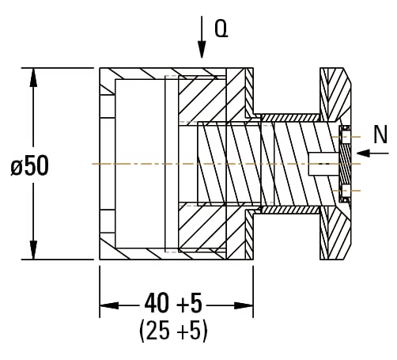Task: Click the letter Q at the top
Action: click(x=221, y=28)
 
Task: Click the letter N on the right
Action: click(x=380, y=135)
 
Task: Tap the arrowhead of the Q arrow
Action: click(x=202, y=49)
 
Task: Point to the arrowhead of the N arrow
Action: click(x=364, y=153)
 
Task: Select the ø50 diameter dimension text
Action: click(x=30, y=165)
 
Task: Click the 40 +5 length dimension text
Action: click(x=173, y=302)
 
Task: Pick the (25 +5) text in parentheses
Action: click(x=173, y=331)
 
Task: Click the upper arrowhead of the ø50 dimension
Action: click(x=33, y=78)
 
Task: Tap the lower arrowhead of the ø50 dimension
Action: click(x=33, y=250)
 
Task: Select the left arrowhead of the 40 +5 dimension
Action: click(x=109, y=305)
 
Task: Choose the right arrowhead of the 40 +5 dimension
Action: click(x=244, y=305)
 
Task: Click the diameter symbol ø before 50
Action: click(x=17, y=168)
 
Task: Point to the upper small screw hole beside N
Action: click(x=346, y=137)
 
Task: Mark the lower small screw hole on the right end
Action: click(x=346, y=191)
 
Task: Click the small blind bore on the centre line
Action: click(x=323, y=164)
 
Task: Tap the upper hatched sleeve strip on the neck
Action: click(x=290, y=118)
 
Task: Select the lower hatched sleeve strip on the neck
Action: click(x=290, y=210)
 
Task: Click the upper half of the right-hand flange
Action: click(x=335, y=94)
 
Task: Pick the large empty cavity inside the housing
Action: click(x=140, y=164)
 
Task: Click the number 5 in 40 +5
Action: click(x=195, y=302)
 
